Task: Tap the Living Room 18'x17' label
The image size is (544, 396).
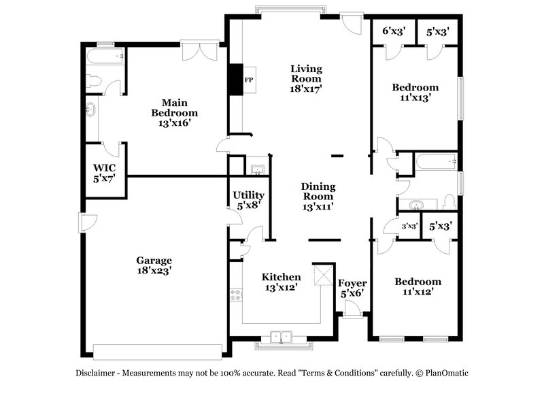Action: click(306, 78)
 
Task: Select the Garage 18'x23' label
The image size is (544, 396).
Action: click(154, 265)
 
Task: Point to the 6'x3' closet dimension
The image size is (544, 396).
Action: click(393, 31)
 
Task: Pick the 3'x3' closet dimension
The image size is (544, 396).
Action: click(409, 226)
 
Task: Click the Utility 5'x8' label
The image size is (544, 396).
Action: click(249, 200)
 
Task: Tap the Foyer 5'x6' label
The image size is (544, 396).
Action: click(353, 288)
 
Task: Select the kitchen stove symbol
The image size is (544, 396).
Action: click(236, 295)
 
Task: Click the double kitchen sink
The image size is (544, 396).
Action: click(282, 336)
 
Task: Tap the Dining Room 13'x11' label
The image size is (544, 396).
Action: click(318, 197)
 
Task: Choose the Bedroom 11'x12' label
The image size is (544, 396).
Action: click(418, 286)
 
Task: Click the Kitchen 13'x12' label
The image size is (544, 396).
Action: click(282, 282)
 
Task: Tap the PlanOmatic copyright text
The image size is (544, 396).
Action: click(443, 373)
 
